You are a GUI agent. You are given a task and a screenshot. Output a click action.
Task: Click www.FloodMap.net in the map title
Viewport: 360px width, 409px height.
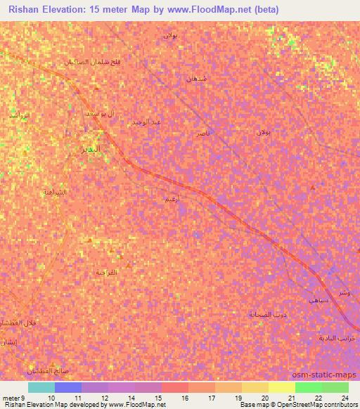pyautogui.click(x=214, y=10)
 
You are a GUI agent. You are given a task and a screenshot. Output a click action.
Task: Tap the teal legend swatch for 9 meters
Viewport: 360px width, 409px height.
pyautogui.click(x=41, y=387)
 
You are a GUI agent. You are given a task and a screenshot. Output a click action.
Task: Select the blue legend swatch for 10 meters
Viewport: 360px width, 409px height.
pyautogui.click(x=68, y=387)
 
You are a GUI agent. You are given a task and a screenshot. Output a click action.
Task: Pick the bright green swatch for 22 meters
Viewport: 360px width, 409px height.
pyautogui.click(x=309, y=387)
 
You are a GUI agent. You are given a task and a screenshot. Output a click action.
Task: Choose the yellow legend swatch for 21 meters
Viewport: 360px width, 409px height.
pyautogui.click(x=282, y=387)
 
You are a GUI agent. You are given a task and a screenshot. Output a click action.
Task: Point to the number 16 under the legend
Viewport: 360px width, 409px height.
pyautogui.click(x=185, y=397)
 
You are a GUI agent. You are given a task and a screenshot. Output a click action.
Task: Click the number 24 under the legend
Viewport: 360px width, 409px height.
pyautogui.click(x=345, y=397)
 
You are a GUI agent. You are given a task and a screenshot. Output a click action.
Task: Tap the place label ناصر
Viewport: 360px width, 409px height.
pyautogui.click(x=202, y=132)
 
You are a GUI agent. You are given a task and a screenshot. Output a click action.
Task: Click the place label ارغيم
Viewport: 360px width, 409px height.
pyautogui.click(x=171, y=200)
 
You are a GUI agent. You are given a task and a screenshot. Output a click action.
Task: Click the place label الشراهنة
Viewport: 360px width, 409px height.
pyautogui.click(x=56, y=192)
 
